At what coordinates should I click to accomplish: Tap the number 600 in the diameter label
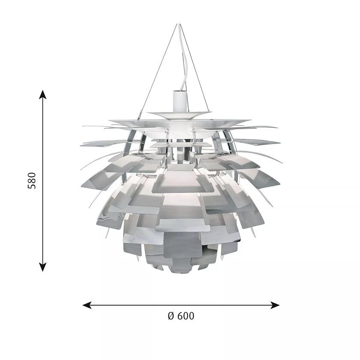pos(185,316)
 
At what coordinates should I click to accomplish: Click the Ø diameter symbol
pos(171,316)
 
